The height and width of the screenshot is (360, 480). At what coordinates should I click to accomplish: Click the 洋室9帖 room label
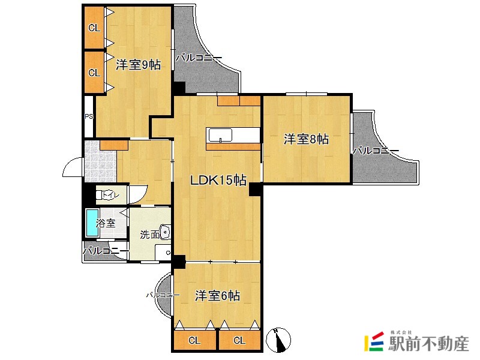click(138, 65)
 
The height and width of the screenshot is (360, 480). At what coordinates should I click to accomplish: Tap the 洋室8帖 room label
click(306, 139)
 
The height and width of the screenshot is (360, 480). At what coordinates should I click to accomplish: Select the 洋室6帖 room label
click(217, 296)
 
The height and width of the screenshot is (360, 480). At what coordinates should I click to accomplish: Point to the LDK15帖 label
click(218, 180)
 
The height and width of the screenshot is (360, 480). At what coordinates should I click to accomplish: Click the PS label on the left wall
click(89, 116)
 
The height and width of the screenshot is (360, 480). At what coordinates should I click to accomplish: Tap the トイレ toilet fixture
click(107, 195)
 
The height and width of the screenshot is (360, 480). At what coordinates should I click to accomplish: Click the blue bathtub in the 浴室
click(92, 223)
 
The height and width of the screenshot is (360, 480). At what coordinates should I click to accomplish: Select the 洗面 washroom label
click(149, 235)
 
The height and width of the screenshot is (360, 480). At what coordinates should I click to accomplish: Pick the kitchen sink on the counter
click(220, 135)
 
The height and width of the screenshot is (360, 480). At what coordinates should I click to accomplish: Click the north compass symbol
click(278, 340)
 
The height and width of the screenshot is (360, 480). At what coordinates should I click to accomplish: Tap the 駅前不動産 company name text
click(428, 343)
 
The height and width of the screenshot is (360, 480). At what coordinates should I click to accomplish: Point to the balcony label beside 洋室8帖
click(376, 151)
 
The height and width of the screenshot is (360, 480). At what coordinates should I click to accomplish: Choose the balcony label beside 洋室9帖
click(199, 58)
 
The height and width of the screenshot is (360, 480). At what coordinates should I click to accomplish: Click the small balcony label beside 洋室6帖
click(163, 295)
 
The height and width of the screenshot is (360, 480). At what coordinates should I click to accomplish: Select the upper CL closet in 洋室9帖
click(95, 28)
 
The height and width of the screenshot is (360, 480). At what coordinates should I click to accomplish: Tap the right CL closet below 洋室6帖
click(239, 340)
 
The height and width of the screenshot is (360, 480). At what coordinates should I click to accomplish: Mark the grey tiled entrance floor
click(100, 161)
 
